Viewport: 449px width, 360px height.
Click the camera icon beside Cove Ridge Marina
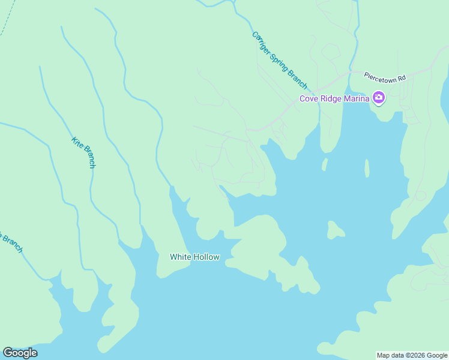[378, 97]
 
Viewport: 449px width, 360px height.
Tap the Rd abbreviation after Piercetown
[402, 77]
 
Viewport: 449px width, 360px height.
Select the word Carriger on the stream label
[262, 43]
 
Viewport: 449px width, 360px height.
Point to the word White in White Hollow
[180, 257]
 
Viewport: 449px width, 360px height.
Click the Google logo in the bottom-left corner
[20, 353]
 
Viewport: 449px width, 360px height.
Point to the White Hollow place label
[194, 257]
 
